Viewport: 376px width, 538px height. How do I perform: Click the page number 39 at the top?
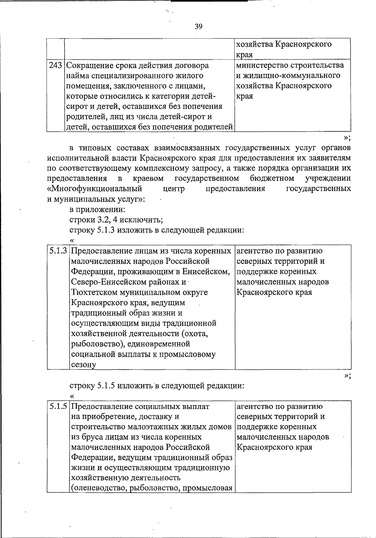[198, 26]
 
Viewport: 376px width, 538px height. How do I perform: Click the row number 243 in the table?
[55, 65]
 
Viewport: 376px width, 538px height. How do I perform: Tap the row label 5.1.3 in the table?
[58, 251]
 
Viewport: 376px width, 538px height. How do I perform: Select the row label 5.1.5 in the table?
[58, 406]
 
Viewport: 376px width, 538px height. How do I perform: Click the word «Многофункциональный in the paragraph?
[94, 189]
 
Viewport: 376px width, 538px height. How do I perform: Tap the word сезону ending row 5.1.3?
[83, 365]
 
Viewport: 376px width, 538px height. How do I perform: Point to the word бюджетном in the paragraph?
[272, 179]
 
